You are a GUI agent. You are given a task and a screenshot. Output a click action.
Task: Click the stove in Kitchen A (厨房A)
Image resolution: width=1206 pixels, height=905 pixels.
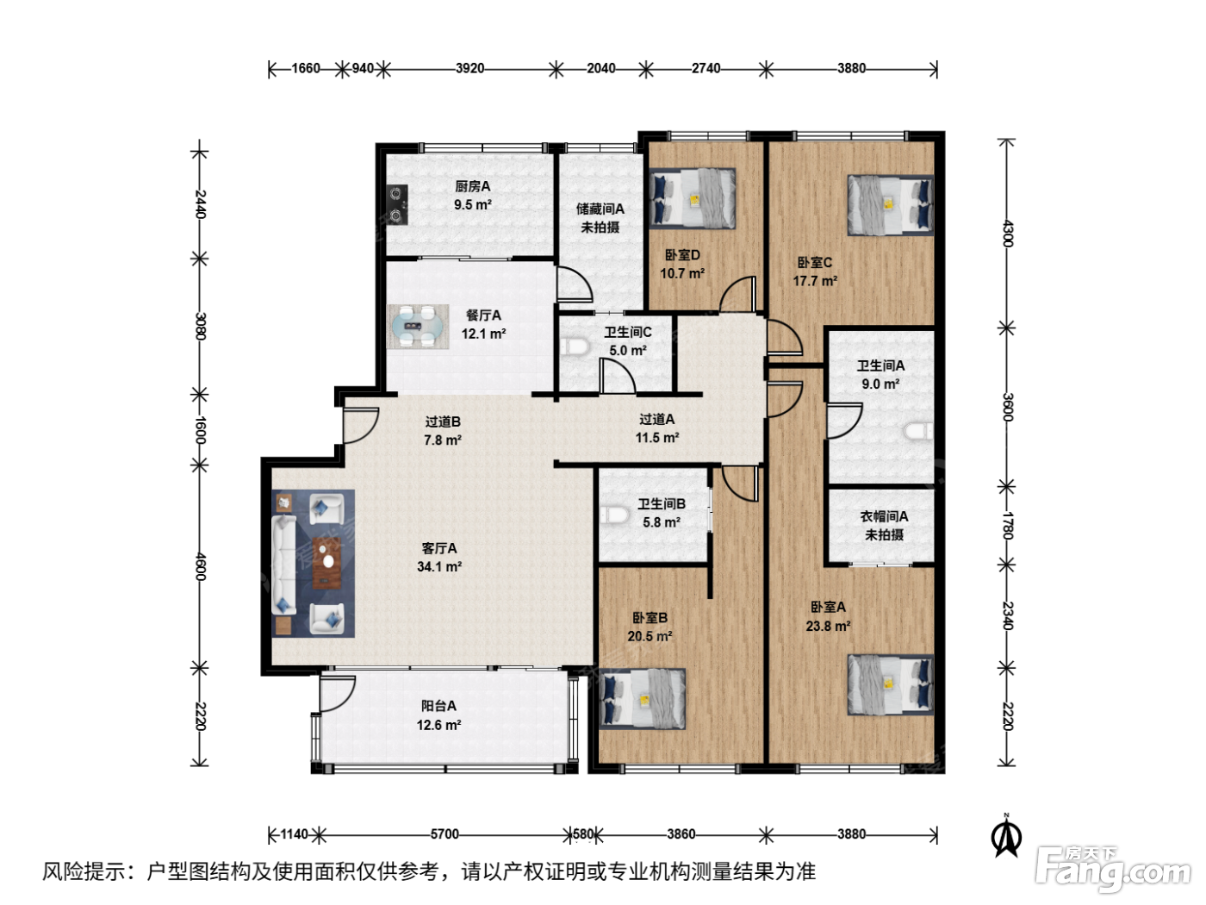point(397,204)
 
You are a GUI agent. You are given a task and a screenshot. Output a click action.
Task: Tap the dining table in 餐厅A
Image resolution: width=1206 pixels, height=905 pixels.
point(418,327)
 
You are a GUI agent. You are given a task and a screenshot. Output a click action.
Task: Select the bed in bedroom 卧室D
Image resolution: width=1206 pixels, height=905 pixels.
point(693,198)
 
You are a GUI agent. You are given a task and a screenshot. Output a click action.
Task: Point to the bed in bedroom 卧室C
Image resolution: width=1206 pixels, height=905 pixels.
point(890,205)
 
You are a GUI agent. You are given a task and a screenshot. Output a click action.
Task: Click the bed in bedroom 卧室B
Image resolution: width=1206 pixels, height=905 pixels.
point(643,698)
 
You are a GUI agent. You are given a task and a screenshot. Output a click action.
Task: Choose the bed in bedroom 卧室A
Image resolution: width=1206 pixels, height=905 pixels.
point(890,684)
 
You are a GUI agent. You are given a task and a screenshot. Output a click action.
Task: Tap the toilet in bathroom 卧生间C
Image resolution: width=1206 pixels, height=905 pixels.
point(575,347)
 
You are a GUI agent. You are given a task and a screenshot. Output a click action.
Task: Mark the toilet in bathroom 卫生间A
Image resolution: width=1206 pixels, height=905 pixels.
point(918,431)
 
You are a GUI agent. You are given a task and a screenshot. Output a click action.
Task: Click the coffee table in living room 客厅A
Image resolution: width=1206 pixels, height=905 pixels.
point(326,563)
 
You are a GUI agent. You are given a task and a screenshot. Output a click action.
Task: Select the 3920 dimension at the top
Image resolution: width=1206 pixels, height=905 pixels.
point(469,68)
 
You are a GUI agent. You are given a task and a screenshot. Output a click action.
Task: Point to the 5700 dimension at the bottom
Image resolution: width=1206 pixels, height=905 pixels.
point(444,834)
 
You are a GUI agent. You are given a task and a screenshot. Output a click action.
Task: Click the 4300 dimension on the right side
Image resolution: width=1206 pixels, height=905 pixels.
point(1007,234)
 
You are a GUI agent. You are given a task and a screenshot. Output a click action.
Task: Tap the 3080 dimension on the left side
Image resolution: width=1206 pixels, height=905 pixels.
point(200,327)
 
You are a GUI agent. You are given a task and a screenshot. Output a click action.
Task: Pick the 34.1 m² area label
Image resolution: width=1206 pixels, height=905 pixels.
point(439,566)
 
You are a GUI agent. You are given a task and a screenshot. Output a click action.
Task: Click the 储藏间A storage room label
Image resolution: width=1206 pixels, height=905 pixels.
point(600,209)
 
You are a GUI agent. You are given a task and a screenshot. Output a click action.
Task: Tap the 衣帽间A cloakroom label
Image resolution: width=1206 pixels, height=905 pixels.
point(884,516)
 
